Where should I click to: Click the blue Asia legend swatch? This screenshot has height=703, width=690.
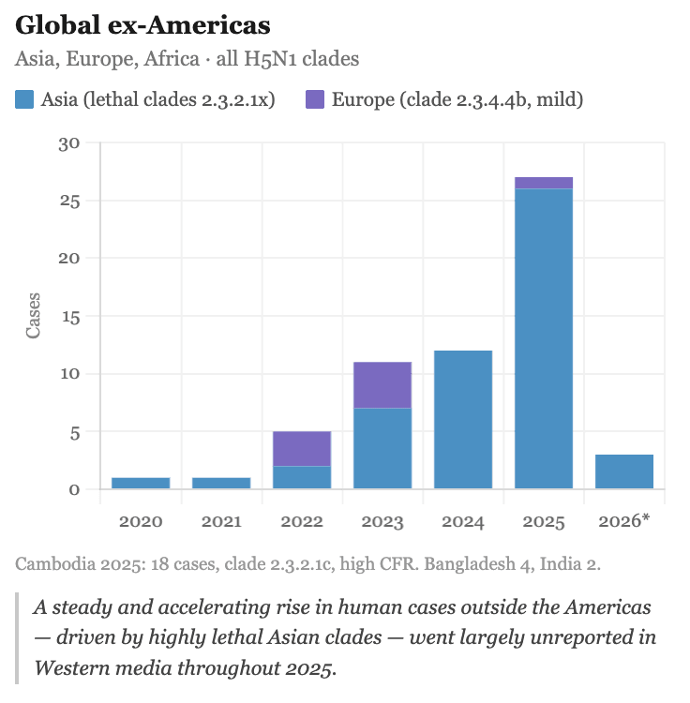(24, 99)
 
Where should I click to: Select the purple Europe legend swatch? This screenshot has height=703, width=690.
(315, 99)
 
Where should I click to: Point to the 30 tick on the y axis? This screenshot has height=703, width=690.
(69, 143)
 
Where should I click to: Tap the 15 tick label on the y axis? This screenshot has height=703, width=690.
(69, 317)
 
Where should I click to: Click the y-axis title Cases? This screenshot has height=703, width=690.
(33, 316)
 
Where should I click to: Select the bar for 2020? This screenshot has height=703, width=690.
(141, 483)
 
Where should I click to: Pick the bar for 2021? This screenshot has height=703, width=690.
(221, 483)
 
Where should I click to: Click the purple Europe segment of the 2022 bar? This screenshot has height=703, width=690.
(302, 449)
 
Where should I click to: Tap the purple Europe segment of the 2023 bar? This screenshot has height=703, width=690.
(382, 384)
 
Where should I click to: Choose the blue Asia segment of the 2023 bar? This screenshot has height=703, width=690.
(382, 448)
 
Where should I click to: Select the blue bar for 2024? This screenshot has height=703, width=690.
(463, 419)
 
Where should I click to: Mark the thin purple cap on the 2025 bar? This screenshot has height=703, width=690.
(544, 183)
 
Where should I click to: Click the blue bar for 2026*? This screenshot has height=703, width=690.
(624, 471)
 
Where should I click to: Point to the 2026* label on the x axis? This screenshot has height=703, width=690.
(624, 520)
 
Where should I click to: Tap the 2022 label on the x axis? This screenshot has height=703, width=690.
(302, 520)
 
